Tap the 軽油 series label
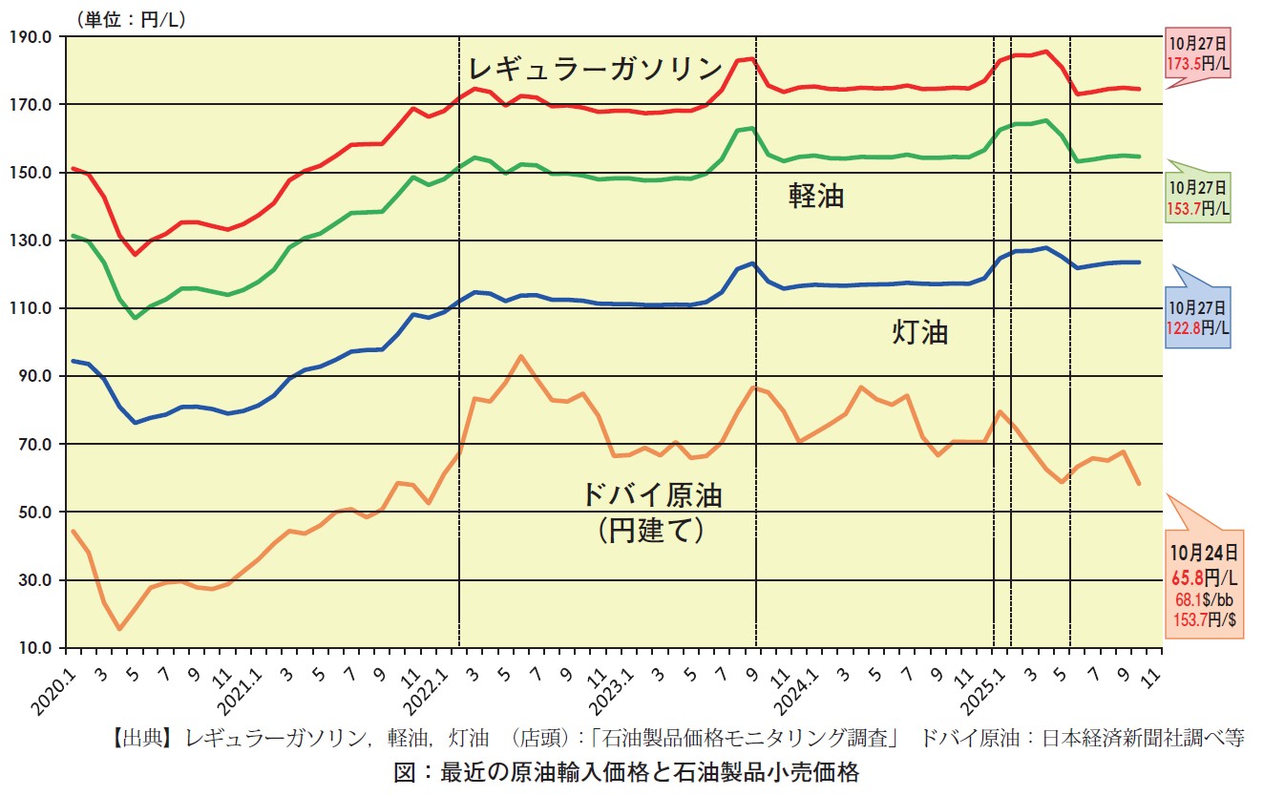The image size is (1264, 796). click(815, 197)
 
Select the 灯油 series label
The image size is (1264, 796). click(919, 332)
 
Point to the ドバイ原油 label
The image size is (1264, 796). click(653, 495)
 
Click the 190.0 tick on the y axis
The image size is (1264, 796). click(33, 37)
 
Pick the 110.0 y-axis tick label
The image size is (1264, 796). click(33, 308)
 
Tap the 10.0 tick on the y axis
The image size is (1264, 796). click(35, 648)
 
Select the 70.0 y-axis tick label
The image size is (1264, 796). click(35, 445)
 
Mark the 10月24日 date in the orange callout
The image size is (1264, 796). click(1204, 552)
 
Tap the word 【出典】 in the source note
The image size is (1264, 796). click(144, 738)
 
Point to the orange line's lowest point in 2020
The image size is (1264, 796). click(119, 629)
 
